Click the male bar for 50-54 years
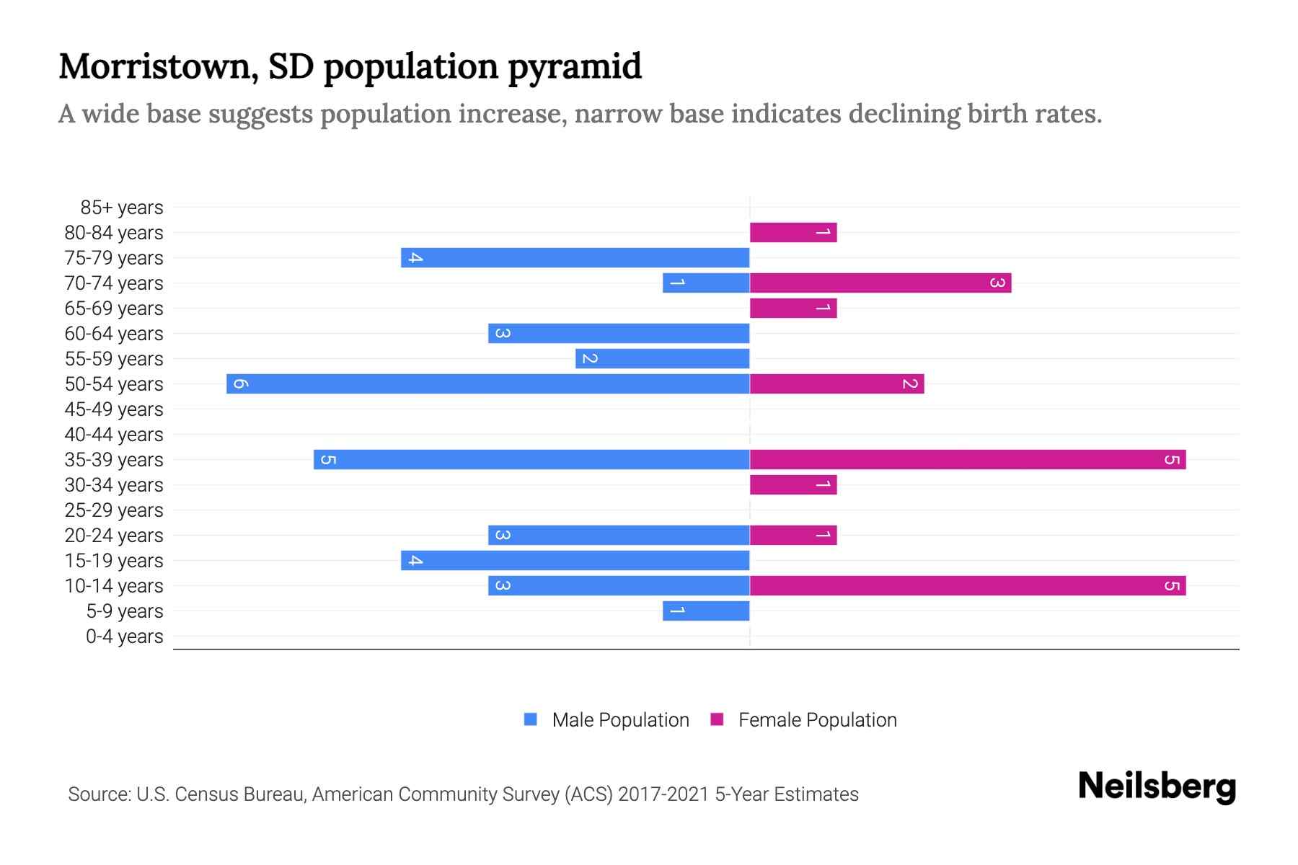pyautogui.click(x=488, y=383)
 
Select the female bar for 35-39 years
pyautogui.click(x=968, y=459)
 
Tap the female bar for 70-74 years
pyautogui.click(x=880, y=283)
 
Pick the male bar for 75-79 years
pyautogui.click(x=575, y=257)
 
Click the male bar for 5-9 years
pyautogui.click(x=706, y=611)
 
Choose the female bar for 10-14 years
pyautogui.click(x=968, y=585)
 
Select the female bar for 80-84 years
pyautogui.click(x=793, y=232)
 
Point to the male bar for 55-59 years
pyautogui.click(x=663, y=358)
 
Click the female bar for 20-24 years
pyautogui.click(x=793, y=535)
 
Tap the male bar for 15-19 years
pyautogui.click(x=575, y=560)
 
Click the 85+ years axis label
pyautogui.click(x=122, y=208)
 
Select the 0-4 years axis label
pyautogui.click(x=124, y=636)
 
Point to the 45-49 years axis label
pyautogui.click(x=114, y=409)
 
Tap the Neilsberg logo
pyautogui.click(x=1157, y=786)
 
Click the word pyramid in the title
pyautogui.click(x=574, y=67)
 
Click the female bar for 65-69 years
pyautogui.click(x=793, y=308)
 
